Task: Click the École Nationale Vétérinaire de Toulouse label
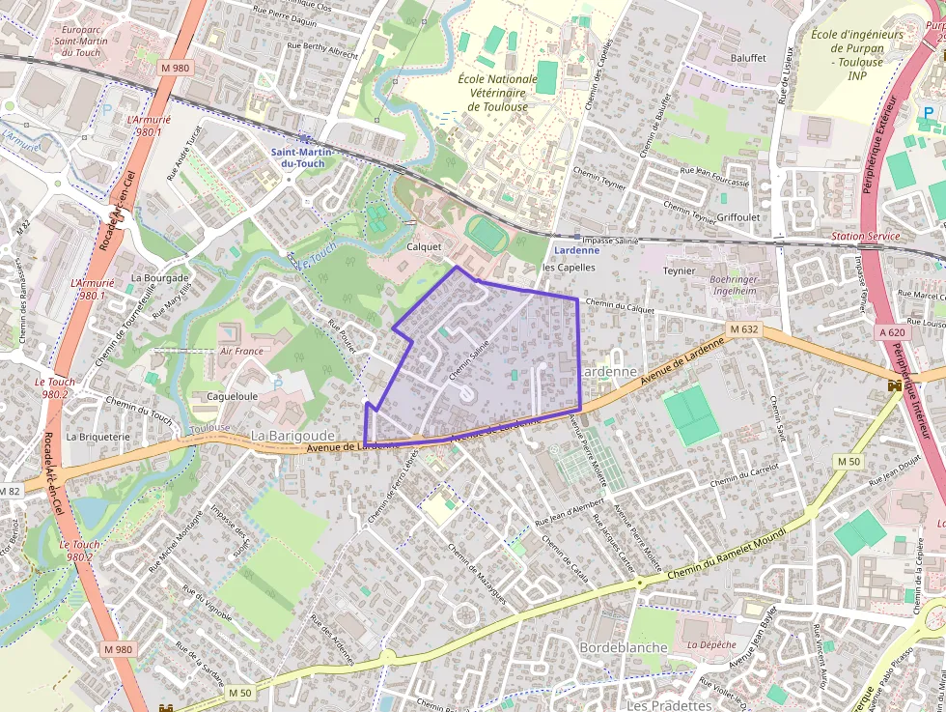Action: pos(497,93)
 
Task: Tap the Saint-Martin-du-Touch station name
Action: pos(297,157)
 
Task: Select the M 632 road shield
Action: pos(744,329)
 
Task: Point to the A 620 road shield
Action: pos(893,331)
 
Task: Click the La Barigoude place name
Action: pos(292,436)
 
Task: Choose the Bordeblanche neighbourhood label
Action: pos(623,646)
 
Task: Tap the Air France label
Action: pos(241,352)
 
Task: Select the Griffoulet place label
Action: pos(739,218)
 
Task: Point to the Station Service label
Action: pos(865,237)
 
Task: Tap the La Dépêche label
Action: pos(711,644)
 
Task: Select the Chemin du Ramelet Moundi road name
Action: pos(734,558)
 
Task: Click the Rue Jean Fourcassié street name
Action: pos(714,175)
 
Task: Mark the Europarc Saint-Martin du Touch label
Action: pos(80,41)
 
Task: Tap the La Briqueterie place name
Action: pos(97,437)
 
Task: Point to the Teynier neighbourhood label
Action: pos(679,271)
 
